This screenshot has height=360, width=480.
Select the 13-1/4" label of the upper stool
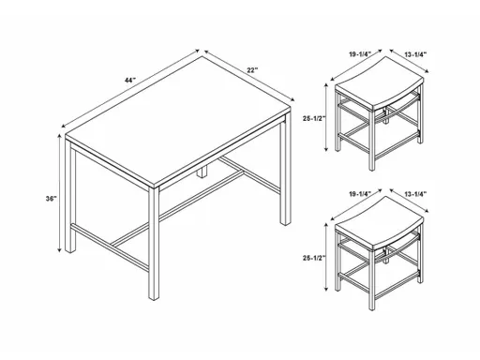point(413,54)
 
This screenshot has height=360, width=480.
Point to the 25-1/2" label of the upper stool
point(314,119)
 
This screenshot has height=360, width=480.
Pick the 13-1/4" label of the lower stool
point(413,193)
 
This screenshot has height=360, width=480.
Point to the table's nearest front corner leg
point(153,244)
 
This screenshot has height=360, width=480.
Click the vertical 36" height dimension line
point(67,197)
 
